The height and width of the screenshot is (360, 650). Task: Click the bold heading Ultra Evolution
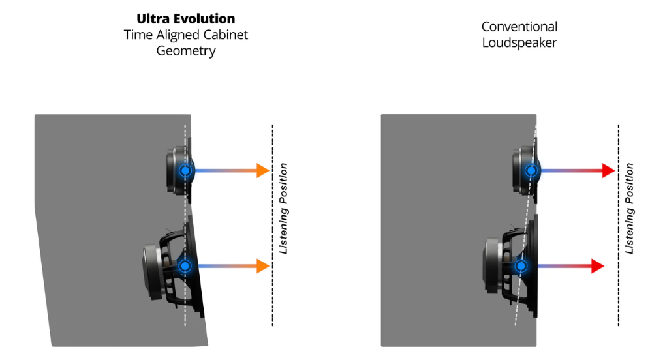[x=185, y=18]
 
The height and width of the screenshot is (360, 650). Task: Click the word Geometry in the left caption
[x=185, y=51]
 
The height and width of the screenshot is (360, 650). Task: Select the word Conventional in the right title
[x=519, y=27]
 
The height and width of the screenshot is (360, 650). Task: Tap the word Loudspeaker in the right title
[x=519, y=43]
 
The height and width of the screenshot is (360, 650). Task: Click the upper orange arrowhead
[x=263, y=171]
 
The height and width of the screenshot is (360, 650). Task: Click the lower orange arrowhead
[x=263, y=266]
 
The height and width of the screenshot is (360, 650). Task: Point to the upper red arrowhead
[x=608, y=171]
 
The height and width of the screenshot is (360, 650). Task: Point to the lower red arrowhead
[x=597, y=266]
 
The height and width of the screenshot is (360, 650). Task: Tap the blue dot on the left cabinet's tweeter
[x=185, y=171]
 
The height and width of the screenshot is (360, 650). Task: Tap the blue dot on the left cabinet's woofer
[x=185, y=266]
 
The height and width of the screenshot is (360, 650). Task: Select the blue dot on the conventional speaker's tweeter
[x=532, y=171]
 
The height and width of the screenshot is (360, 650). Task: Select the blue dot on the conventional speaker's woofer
[x=521, y=266]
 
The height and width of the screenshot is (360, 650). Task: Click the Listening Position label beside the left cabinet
[x=284, y=209]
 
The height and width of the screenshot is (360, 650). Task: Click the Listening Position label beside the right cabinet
[x=630, y=209]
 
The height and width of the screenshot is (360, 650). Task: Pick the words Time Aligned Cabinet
[x=185, y=35]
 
